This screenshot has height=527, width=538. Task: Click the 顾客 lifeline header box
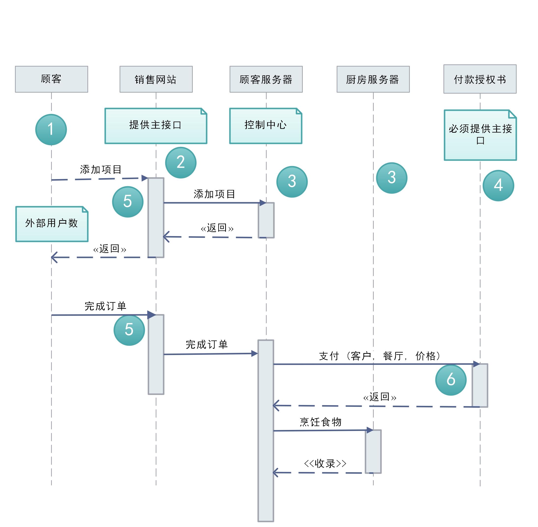pos(52,79)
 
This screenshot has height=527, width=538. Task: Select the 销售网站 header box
pos(156,79)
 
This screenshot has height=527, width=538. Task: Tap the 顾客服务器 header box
pos(266,79)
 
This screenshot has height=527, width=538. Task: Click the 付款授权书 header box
pos(480,79)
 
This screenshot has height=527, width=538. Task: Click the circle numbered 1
pos(51,129)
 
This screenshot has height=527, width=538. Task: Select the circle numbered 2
pos(181,162)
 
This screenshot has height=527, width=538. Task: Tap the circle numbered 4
pos(498,185)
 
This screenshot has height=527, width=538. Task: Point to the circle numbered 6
pos(451,380)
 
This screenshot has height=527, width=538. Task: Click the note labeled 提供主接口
pos(156,126)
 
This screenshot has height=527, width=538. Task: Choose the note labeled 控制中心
pos(265,126)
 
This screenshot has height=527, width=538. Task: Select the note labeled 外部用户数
pos(52,224)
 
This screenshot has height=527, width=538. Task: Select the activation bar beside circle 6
pos(480,385)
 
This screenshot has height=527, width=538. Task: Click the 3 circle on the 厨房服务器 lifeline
pos(391,178)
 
